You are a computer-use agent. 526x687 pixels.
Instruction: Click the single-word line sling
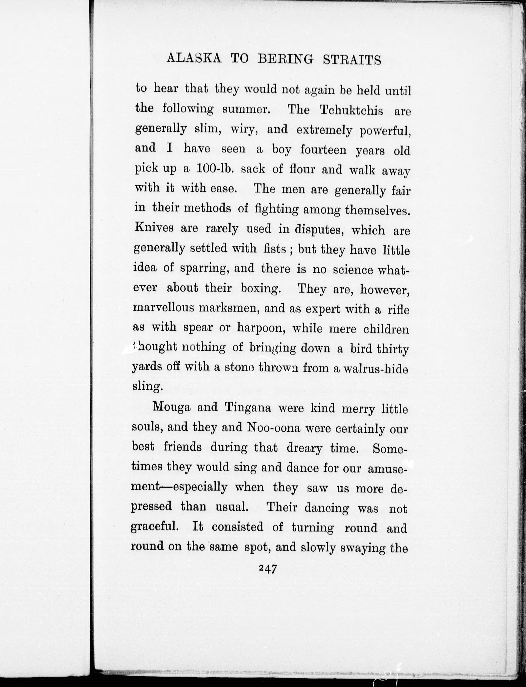tap(147, 387)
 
